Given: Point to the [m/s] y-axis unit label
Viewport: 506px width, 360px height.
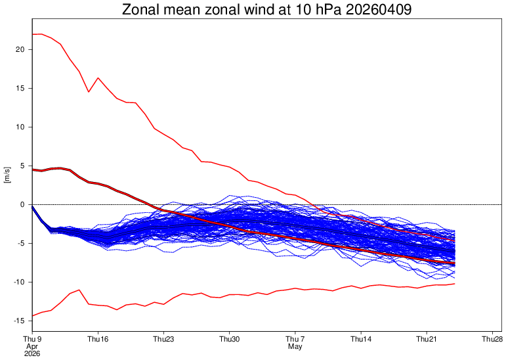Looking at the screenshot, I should pos(7,175).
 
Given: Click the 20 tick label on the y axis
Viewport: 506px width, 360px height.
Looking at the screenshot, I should pos(19,49).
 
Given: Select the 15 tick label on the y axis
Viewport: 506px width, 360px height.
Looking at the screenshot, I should pos(19,88).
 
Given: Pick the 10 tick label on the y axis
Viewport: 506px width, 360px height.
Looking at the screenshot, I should pos(19,127).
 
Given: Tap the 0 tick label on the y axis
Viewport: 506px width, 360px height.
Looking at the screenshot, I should pos(22,204).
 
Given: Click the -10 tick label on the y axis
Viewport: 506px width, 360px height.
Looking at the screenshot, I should pos(18,282).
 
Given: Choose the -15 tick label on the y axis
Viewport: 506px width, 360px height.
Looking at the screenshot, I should pos(18,321).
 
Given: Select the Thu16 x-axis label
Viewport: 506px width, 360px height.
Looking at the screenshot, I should pos(98,339).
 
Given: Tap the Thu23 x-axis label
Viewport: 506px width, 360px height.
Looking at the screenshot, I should pos(163,339).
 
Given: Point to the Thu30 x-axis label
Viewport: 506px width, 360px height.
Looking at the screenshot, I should pos(230,339).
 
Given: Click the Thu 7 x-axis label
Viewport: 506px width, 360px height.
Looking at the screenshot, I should pos(295,339).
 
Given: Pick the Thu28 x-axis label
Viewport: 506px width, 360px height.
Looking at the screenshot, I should pos(492,339).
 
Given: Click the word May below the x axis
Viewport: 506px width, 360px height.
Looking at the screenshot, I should pos(295,346).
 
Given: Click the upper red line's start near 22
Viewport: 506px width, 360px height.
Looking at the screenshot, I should pos(33,34).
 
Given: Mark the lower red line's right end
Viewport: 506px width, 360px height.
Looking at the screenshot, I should pos(454,284).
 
